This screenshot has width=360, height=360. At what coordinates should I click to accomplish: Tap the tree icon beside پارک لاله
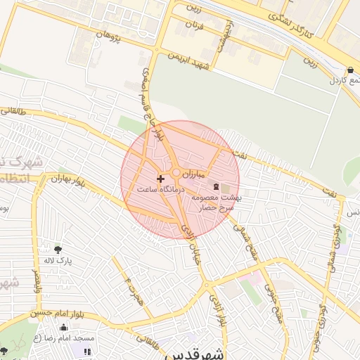[x=58, y=249]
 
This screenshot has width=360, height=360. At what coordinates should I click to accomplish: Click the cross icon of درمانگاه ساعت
[x=160, y=179]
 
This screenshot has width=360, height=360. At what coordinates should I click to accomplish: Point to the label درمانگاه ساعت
[x=160, y=190]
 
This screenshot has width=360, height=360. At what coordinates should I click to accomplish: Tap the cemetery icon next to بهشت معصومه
[x=216, y=186]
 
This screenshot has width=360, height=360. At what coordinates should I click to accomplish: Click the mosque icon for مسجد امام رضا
[x=64, y=327]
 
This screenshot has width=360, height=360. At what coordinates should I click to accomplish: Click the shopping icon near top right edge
[x=350, y=70]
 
